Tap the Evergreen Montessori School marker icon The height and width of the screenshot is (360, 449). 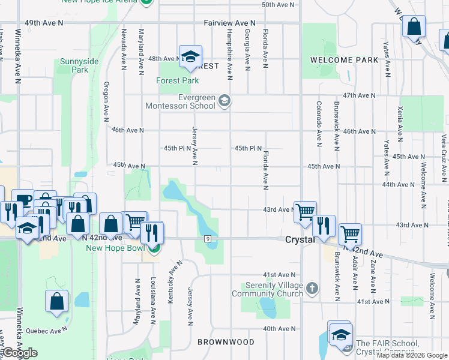coord(224,100)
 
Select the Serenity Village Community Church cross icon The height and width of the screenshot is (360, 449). coord(311,289)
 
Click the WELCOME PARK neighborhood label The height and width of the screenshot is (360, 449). coord(344,60)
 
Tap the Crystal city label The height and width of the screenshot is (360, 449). coord(300,239)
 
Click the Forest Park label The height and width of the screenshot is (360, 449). coord(178,80)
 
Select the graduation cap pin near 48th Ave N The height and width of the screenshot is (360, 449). coord(190,56)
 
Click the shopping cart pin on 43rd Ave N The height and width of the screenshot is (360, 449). coord(306,211)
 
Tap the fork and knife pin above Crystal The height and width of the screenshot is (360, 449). coord(324,226)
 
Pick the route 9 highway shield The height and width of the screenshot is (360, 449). coord(207,239)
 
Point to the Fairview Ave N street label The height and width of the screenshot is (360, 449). coord(229,23)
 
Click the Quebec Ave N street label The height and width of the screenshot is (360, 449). coord(49,330)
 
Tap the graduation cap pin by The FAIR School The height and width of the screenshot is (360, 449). coord(340,334)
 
